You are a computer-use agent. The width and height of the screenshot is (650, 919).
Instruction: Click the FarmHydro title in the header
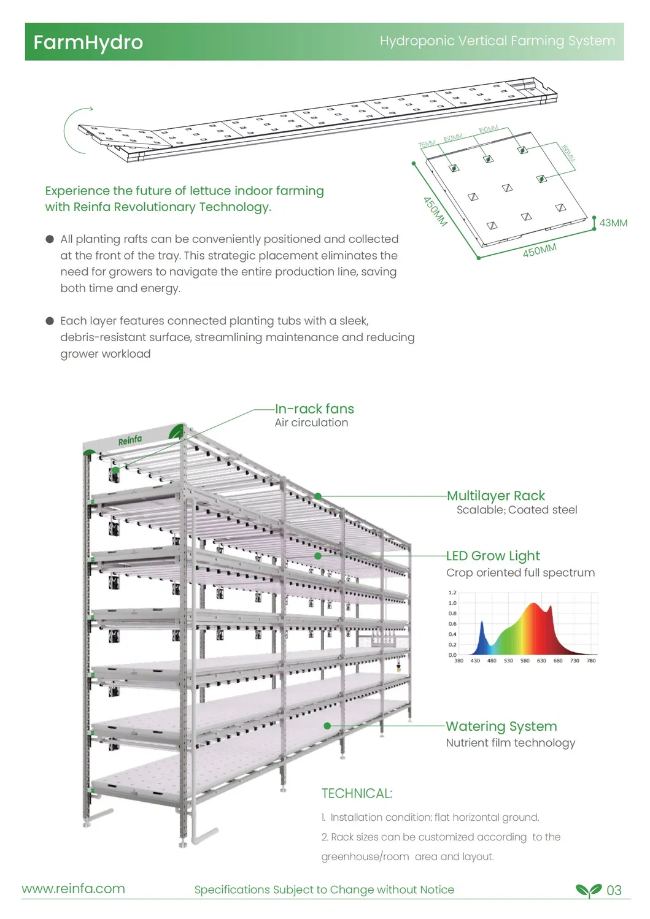(x=88, y=42)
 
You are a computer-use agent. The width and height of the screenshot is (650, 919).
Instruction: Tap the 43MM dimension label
(x=613, y=223)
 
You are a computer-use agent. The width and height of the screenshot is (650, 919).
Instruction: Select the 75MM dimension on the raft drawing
(x=427, y=144)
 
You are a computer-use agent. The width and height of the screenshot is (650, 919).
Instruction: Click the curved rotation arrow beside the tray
(x=74, y=129)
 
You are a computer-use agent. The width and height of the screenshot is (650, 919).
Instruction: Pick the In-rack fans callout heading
(x=314, y=409)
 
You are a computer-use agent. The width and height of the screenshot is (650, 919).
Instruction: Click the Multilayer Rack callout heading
(x=496, y=496)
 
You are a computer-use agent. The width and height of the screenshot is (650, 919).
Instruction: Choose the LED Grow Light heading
(x=493, y=556)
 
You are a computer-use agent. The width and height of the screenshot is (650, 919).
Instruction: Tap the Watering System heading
(x=501, y=726)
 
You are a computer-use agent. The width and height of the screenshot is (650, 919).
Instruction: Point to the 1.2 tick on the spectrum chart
(x=452, y=593)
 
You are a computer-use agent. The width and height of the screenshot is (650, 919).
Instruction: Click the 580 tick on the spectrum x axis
(x=525, y=661)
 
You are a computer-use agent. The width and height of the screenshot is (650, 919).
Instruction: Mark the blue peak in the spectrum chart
(x=482, y=627)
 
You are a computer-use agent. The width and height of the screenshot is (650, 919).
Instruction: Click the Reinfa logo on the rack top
(x=130, y=440)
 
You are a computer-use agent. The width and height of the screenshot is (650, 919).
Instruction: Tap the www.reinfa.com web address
(x=74, y=889)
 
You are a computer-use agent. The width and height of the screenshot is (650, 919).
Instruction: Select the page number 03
(x=614, y=890)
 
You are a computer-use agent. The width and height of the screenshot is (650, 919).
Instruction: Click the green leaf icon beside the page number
(x=589, y=890)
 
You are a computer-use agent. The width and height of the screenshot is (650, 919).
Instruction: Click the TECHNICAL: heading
(x=357, y=793)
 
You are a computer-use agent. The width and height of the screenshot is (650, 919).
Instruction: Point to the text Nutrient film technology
(x=511, y=743)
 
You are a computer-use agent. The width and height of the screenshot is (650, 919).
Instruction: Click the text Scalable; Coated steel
(x=517, y=510)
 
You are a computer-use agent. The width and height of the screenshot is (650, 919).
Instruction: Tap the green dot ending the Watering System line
(x=327, y=726)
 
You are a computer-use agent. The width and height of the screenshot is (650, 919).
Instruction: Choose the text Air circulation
(x=311, y=423)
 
